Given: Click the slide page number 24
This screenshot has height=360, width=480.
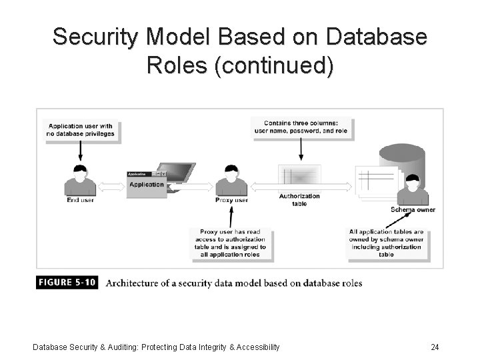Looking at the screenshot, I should (435, 347).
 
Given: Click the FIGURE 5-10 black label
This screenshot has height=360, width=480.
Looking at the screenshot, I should (67, 283).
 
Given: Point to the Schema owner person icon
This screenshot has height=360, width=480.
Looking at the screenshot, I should (413, 189).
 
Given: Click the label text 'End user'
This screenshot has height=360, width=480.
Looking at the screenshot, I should (80, 200).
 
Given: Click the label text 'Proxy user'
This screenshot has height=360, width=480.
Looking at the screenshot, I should (231, 200).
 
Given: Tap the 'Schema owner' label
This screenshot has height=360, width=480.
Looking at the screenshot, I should (413, 210).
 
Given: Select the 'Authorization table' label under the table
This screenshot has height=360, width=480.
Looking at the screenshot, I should (299, 200).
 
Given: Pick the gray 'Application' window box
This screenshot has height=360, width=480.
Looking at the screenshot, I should (147, 185).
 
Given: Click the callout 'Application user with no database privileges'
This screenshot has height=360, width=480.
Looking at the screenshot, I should (80, 129).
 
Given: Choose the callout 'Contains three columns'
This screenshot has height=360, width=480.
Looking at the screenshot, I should (301, 127).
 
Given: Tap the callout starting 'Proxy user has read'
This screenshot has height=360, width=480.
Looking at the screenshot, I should (230, 243).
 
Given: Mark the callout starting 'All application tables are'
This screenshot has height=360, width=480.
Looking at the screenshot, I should (386, 243).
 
